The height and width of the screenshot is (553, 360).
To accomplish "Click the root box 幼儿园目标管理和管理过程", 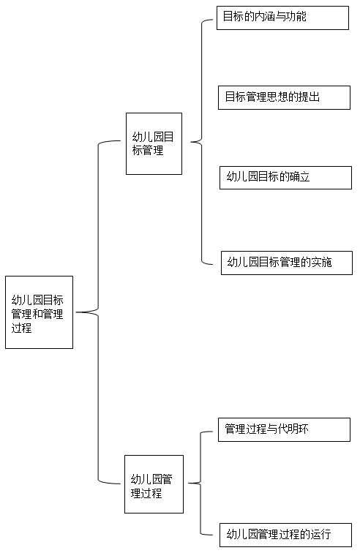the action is pyautogui.click(x=40, y=312).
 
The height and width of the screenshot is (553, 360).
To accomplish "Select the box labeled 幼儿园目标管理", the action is pyautogui.click(x=154, y=143).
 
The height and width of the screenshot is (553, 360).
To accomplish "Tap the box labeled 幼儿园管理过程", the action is pyautogui.click(x=154, y=484).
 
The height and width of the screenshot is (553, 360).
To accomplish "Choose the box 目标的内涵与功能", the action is pyautogui.click(x=282, y=18).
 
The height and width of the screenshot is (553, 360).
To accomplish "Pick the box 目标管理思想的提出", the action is pyautogui.click(x=284, y=97).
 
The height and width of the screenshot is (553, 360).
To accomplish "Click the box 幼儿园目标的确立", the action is pyautogui.click(x=285, y=178).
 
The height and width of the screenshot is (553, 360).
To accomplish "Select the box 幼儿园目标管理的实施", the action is pyautogui.click(x=287, y=263).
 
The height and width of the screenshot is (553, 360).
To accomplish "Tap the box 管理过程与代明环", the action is pyautogui.click(x=284, y=429).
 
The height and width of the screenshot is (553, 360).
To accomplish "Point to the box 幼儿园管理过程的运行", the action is pyautogui.click(x=285, y=535).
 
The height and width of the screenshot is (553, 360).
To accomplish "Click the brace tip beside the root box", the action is pyautogui.click(x=76, y=312).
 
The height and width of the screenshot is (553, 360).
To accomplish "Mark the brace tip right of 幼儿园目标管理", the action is pyautogui.click(x=191, y=142).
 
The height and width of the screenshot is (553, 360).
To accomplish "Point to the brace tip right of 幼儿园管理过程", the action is pyautogui.click(x=189, y=484).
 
